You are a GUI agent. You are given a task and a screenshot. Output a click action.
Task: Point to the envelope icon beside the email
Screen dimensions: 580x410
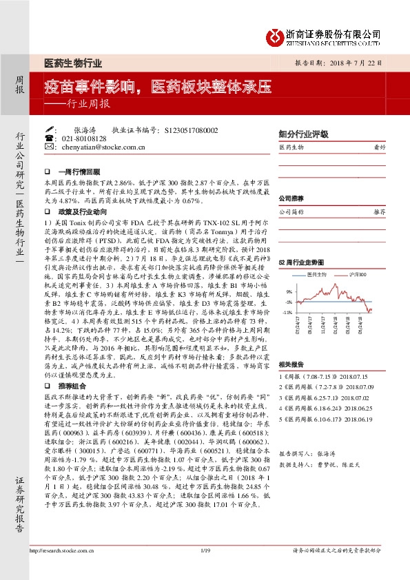[50, 147]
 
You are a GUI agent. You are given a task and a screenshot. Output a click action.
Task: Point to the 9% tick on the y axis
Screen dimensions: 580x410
[289, 292]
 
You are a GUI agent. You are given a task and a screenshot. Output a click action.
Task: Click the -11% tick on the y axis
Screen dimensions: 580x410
[287, 312]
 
